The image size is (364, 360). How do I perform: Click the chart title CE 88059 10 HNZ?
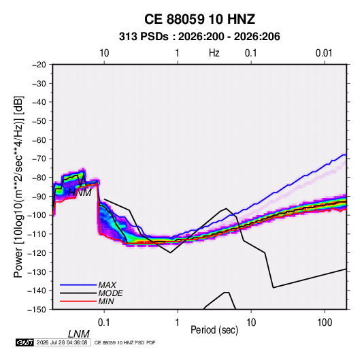point(199,19)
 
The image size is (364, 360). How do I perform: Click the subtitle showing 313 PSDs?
point(199,37)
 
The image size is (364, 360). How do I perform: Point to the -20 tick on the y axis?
point(39,65)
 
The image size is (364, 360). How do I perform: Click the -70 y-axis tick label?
point(39,159)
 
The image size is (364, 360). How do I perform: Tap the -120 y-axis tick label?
point(37,253)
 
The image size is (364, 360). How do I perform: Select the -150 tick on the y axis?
point(37,310)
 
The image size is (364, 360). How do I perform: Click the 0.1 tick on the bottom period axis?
point(104,323)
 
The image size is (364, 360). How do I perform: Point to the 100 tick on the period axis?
point(325,323)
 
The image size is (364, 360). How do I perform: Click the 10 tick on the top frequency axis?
point(104,53)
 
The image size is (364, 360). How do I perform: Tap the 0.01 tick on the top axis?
point(324,53)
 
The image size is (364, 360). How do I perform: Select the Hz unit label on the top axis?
point(214,53)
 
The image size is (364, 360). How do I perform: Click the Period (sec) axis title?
point(214,330)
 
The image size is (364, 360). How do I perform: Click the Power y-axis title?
point(18,186)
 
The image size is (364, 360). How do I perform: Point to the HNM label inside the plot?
point(80,193)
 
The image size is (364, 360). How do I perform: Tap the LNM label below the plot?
point(79,334)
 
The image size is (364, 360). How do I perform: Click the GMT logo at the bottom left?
point(24,342)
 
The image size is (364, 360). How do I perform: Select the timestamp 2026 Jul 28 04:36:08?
point(62,342)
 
